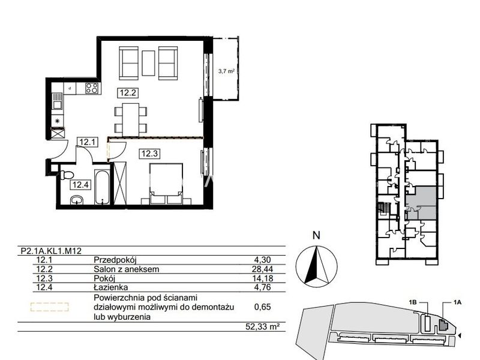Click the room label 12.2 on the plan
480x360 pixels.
click(x=128, y=92)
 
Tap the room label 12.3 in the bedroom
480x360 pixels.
click(x=149, y=154)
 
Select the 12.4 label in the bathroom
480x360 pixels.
click(x=81, y=185)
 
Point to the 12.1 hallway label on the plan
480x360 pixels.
click(x=88, y=142)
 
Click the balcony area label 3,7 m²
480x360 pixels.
click(x=226, y=71)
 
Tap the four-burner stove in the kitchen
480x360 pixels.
click(x=92, y=88)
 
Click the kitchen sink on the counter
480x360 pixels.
click(x=57, y=102)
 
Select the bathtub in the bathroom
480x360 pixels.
click(x=102, y=187)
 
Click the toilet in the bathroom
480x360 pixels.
click(x=67, y=175)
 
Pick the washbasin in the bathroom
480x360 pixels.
click(x=77, y=200)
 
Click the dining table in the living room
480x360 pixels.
click(x=131, y=119)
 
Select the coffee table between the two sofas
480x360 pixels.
click(x=149, y=64)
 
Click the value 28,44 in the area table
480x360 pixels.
click(x=263, y=269)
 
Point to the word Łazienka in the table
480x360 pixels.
click(x=111, y=287)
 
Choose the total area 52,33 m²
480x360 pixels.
click(x=263, y=326)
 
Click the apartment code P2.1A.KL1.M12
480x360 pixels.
click(x=51, y=251)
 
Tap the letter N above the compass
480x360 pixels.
click(x=317, y=235)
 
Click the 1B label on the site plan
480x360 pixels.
click(x=413, y=302)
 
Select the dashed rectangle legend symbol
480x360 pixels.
click(x=49, y=307)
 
